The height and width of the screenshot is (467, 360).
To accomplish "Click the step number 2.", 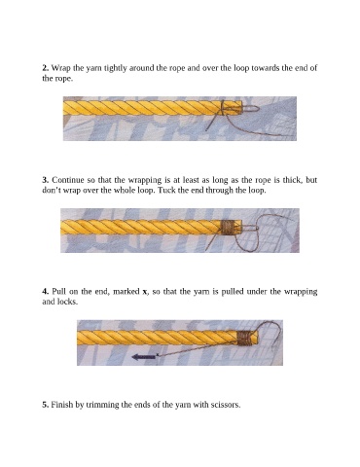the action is click(x=45, y=68).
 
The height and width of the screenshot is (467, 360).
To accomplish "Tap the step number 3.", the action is click(x=45, y=180).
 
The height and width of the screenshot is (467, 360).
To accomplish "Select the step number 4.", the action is click(x=45, y=292).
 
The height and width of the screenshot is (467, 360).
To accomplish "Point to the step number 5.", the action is click(x=45, y=405).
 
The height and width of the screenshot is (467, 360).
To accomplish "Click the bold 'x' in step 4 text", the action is click(x=145, y=292).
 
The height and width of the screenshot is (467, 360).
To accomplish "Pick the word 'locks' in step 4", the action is click(x=67, y=302).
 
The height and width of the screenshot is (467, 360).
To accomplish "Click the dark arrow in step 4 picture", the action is click(x=145, y=357).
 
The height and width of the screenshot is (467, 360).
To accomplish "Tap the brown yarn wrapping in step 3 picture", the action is click(x=228, y=228).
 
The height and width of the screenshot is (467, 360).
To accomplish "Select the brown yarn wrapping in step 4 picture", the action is click(x=245, y=339).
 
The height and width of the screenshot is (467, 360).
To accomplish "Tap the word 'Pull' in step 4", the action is click(x=59, y=292).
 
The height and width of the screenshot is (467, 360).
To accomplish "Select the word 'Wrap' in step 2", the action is click(x=59, y=68).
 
